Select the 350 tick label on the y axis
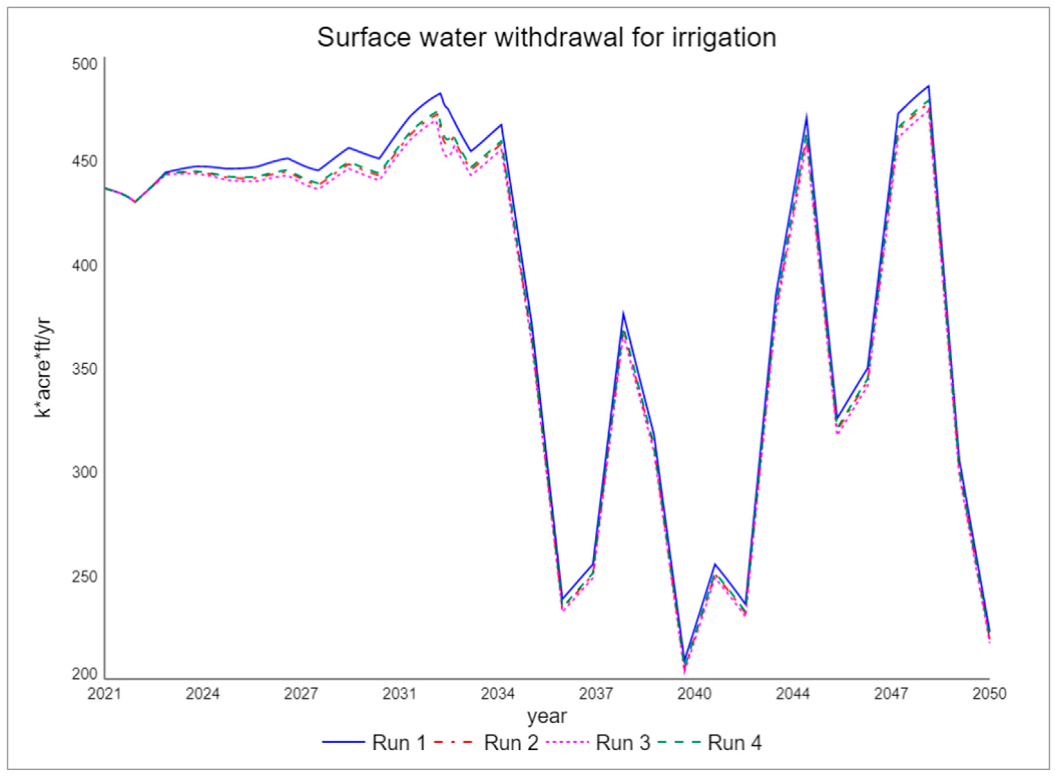(x=84, y=369)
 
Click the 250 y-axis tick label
(x=84, y=577)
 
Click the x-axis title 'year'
(x=547, y=716)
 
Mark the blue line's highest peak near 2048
(x=928, y=86)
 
